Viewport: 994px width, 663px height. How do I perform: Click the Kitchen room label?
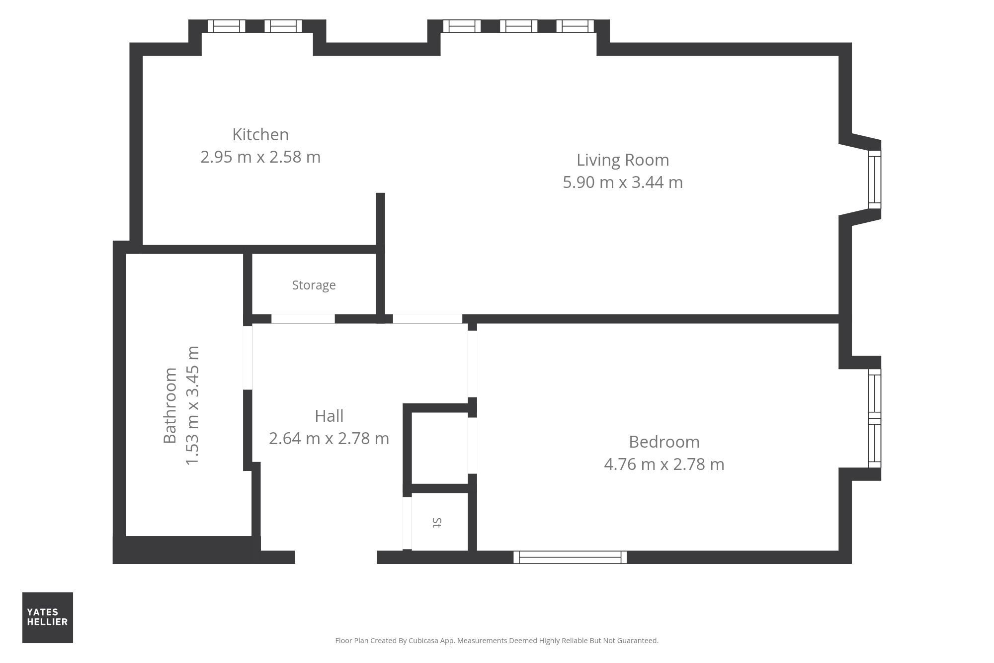point(260,135)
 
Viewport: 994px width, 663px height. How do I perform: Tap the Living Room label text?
point(623,160)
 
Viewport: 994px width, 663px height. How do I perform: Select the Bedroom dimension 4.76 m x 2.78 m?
point(664,465)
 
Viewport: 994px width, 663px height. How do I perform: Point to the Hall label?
point(329,416)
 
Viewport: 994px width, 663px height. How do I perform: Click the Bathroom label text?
point(170,405)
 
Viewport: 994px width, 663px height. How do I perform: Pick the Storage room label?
point(314,285)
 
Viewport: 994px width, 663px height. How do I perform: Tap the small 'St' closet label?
point(437,522)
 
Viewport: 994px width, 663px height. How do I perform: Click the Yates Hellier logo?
point(48,617)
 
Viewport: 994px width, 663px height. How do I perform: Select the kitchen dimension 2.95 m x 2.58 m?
point(260,157)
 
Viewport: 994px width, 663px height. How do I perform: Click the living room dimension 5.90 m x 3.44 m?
point(623,183)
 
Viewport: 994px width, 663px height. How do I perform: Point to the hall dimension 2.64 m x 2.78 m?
point(329,439)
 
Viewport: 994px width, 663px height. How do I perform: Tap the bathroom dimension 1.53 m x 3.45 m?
point(192,405)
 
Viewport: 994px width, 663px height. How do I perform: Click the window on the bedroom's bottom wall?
point(570,557)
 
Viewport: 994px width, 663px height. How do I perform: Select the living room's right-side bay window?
point(875,180)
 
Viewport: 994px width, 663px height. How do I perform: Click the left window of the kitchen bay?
point(226,26)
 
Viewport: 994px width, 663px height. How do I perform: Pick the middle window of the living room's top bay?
point(518,26)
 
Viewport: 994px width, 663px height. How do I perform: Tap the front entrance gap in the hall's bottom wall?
point(336,557)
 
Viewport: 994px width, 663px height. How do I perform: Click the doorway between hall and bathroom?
point(248,358)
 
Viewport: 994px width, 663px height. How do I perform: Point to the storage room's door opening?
point(303,319)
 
